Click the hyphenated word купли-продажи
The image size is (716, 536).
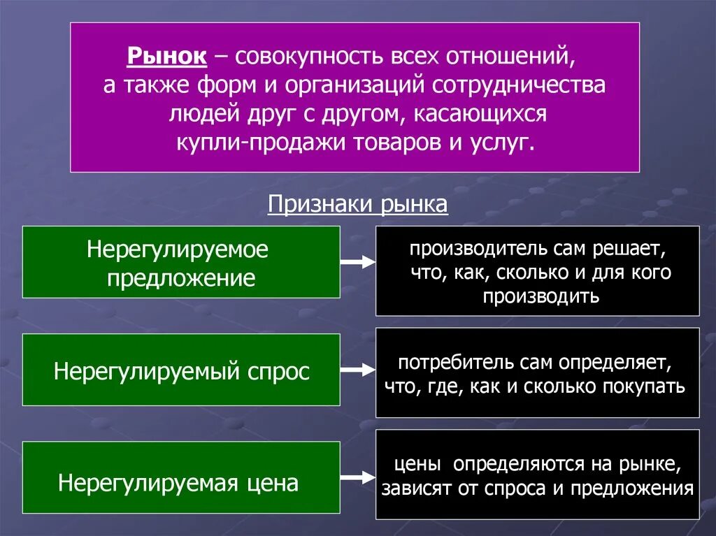[247, 142]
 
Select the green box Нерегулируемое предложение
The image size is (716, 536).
[181, 262]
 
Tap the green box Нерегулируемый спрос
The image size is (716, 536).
[181, 370]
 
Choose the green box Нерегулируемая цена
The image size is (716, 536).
[181, 481]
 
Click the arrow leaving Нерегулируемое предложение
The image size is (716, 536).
[357, 262]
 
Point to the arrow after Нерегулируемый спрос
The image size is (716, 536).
[357, 370]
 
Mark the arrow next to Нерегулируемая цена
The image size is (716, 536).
[357, 478]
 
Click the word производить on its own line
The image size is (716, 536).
[540, 296]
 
